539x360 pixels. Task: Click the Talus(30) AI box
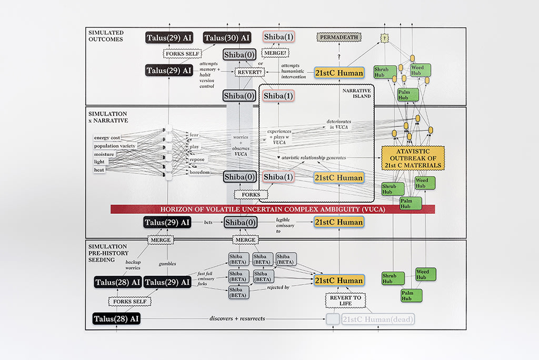tap(227, 37)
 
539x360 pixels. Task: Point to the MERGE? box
tap(277, 53)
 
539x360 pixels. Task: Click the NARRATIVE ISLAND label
tap(357, 93)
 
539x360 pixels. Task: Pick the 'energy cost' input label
tap(107, 138)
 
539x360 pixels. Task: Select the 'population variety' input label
tap(115, 146)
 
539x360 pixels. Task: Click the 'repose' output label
tap(197, 159)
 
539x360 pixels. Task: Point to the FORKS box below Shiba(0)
tap(251, 194)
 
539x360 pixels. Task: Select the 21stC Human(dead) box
tap(377, 319)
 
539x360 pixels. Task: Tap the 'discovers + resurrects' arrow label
tap(237, 319)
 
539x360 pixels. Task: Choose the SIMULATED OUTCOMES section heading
tap(106, 36)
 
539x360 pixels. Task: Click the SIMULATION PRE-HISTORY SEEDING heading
tap(108, 253)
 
